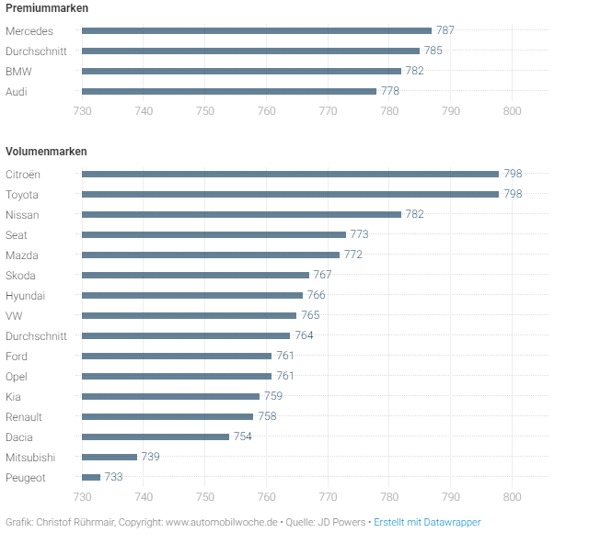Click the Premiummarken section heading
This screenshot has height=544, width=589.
[x=47, y=8]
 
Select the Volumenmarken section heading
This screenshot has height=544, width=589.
[x=46, y=151]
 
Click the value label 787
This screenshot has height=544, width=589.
[x=445, y=30]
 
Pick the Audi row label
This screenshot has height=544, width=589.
[x=17, y=91]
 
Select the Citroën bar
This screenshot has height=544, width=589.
[x=290, y=174]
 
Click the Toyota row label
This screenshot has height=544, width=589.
[x=22, y=194]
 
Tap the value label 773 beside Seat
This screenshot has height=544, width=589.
[x=359, y=234]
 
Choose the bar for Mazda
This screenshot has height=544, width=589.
[x=211, y=255]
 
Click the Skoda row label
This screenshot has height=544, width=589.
[x=20, y=275]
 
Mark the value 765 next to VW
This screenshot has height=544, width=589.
[x=310, y=315]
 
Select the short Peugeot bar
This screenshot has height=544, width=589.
[x=91, y=478]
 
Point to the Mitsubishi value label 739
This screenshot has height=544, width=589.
[x=151, y=457]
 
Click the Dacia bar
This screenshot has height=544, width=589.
[x=156, y=436]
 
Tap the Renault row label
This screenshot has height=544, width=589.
[x=24, y=416]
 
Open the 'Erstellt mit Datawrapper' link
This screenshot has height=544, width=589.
[x=427, y=522]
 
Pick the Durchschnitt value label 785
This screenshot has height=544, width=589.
[x=433, y=51]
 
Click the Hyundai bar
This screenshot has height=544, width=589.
[x=192, y=295]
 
